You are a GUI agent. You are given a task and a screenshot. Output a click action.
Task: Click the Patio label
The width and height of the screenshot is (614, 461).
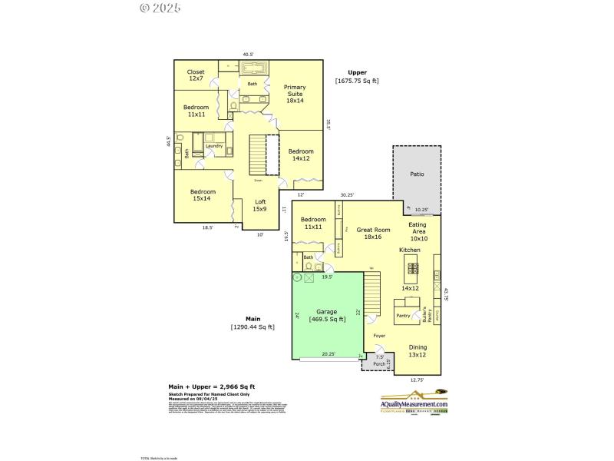[x=417, y=174]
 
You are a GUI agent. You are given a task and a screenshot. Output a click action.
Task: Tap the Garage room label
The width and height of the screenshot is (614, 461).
[x=327, y=315]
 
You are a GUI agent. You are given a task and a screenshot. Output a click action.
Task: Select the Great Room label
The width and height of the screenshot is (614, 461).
[x=373, y=234]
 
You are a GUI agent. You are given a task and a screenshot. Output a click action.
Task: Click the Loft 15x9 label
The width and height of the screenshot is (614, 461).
[x=260, y=205]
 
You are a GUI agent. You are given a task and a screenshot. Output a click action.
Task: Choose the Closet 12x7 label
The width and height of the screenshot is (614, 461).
[x=196, y=75]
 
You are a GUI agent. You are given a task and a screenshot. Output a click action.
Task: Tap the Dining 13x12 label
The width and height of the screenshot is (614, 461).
[x=418, y=350]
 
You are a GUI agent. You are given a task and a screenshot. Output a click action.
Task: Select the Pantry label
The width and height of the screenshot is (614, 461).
[x=403, y=316]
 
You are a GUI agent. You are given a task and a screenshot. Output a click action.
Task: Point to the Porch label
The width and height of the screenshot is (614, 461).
[x=378, y=363]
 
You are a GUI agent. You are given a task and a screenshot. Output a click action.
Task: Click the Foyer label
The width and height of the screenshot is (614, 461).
[x=379, y=336]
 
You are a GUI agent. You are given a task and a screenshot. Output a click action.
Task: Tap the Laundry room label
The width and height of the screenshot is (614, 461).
[x=214, y=146]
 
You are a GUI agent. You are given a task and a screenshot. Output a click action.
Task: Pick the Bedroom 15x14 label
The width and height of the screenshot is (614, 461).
[x=203, y=194]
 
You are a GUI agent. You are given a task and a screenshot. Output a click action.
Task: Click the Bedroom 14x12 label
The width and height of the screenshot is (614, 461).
[x=301, y=155]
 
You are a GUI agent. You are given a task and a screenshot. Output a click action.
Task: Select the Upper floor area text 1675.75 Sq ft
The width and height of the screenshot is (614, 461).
[x=357, y=81]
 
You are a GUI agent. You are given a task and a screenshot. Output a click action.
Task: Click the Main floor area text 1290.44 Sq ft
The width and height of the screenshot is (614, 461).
[x=254, y=327]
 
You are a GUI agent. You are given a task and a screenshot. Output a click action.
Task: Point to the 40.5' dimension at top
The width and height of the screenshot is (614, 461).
[x=248, y=55]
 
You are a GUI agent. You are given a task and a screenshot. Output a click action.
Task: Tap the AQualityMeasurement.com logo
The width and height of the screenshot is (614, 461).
[x=414, y=403]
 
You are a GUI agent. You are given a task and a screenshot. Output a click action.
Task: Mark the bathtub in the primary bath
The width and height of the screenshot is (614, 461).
[x=253, y=68]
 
